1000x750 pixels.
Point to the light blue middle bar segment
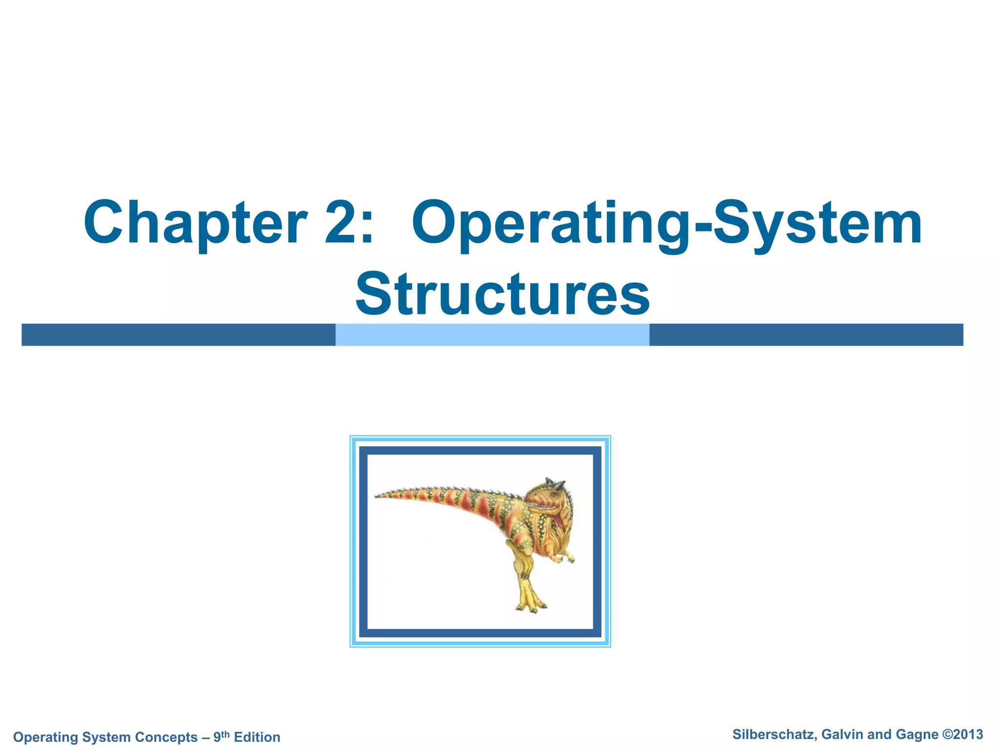[x=492, y=335]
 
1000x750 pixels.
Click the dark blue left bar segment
[x=178, y=335]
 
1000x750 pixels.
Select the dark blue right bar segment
[x=806, y=335]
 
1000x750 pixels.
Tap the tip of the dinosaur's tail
[x=377, y=497]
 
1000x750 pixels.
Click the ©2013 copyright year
[x=962, y=734]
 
